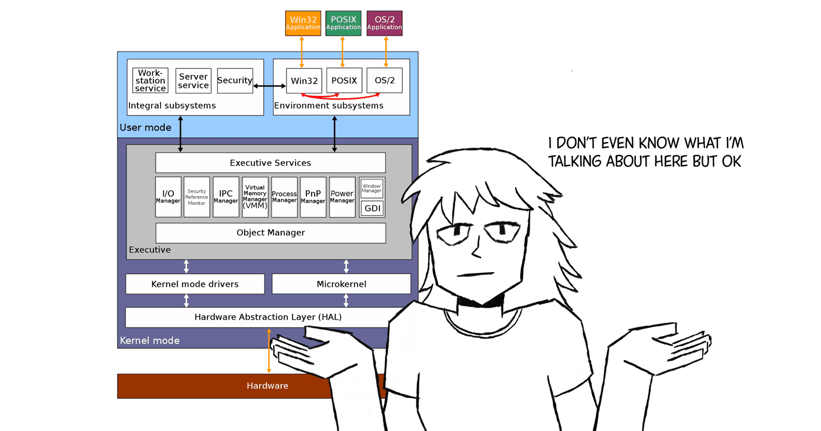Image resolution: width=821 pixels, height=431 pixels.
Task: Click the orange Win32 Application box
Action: point(303,23)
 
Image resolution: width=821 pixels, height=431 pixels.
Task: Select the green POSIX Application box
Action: point(343,23)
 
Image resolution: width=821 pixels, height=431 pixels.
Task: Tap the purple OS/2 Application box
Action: point(384,23)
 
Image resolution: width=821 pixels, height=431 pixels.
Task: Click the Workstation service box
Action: point(150,81)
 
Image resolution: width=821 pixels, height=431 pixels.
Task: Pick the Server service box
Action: point(193,81)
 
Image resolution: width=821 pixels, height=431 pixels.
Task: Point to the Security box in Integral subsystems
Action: point(235,81)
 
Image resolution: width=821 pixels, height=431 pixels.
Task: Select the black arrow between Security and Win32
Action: point(269,86)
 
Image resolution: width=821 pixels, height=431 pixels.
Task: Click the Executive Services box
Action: point(270,163)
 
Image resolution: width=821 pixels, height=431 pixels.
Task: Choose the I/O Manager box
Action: point(168,197)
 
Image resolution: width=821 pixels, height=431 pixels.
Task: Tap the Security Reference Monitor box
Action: point(197,197)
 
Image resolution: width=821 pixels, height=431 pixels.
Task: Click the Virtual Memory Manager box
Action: point(255,197)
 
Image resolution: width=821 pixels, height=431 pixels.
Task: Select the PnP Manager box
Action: point(313,197)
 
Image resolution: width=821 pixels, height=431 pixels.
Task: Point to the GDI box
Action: point(372,208)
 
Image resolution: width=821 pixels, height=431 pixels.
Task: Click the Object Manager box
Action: point(270,232)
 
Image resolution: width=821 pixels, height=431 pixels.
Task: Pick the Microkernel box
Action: point(341,284)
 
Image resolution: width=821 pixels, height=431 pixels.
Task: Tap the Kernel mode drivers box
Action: point(195,284)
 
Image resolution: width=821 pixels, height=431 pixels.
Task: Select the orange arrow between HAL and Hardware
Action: point(269,354)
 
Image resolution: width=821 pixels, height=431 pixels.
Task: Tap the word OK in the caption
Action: point(731,162)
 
